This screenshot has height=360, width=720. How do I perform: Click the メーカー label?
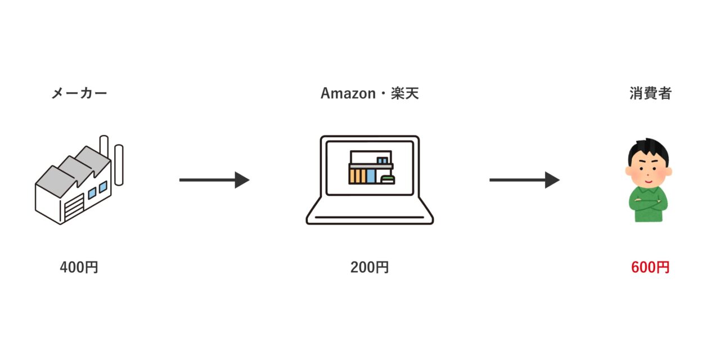click(79, 93)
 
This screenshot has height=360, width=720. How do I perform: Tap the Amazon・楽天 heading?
click(370, 93)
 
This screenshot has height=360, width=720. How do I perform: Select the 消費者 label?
click(650, 93)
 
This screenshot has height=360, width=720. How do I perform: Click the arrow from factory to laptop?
click(214, 180)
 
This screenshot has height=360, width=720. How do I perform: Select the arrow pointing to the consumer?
click(524, 180)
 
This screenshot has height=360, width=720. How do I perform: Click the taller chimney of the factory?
click(103, 152)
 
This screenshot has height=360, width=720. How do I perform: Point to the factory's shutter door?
click(73, 209)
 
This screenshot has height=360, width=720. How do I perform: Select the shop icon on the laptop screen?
click(371, 167)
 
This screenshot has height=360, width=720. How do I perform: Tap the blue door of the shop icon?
click(371, 176)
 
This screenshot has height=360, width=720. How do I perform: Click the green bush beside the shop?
click(388, 179)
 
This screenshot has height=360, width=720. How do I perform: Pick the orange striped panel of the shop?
click(355, 176)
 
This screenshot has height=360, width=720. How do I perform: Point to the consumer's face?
click(649, 172)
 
